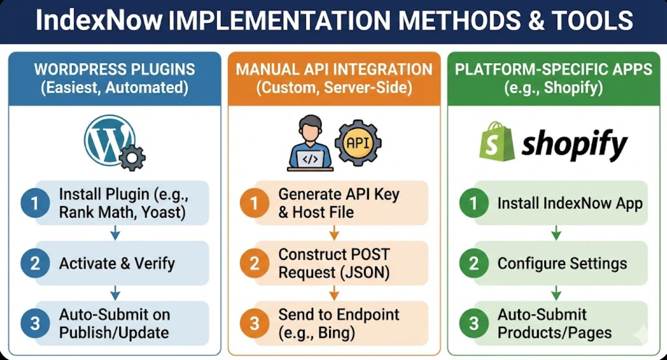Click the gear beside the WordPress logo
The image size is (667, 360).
[132, 157]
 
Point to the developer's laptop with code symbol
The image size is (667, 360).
[310, 159]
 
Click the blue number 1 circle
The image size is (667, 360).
[35, 203]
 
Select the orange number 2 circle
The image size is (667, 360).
[255, 263]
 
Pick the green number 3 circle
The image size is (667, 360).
[474, 323]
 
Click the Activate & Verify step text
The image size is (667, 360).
[117, 263]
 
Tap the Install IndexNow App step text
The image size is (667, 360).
[570, 203]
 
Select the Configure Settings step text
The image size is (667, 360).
[562, 263]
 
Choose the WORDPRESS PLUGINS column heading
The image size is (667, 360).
[114, 69]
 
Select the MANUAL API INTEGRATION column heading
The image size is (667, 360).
[334, 69]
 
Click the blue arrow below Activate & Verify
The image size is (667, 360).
[115, 293]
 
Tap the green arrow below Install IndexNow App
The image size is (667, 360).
[556, 233]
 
